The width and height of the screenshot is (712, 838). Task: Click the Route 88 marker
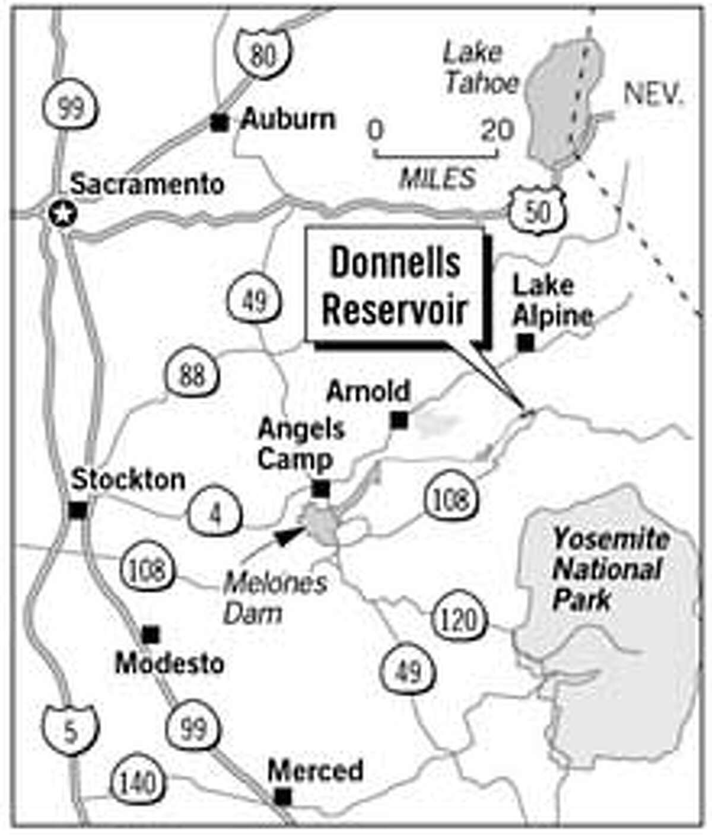point(192,375)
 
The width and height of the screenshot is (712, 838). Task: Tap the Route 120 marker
point(459,620)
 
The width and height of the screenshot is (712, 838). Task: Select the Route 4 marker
point(215,514)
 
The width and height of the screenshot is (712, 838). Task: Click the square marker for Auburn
point(220,123)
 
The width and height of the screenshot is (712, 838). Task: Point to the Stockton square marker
point(78,509)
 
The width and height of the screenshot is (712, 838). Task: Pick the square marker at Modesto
point(151,635)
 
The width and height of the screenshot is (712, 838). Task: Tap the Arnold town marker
point(399,420)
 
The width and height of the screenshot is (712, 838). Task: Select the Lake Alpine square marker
point(525,342)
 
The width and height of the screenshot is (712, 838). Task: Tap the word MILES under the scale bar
point(437,177)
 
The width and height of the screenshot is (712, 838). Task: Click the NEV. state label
point(653,95)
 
